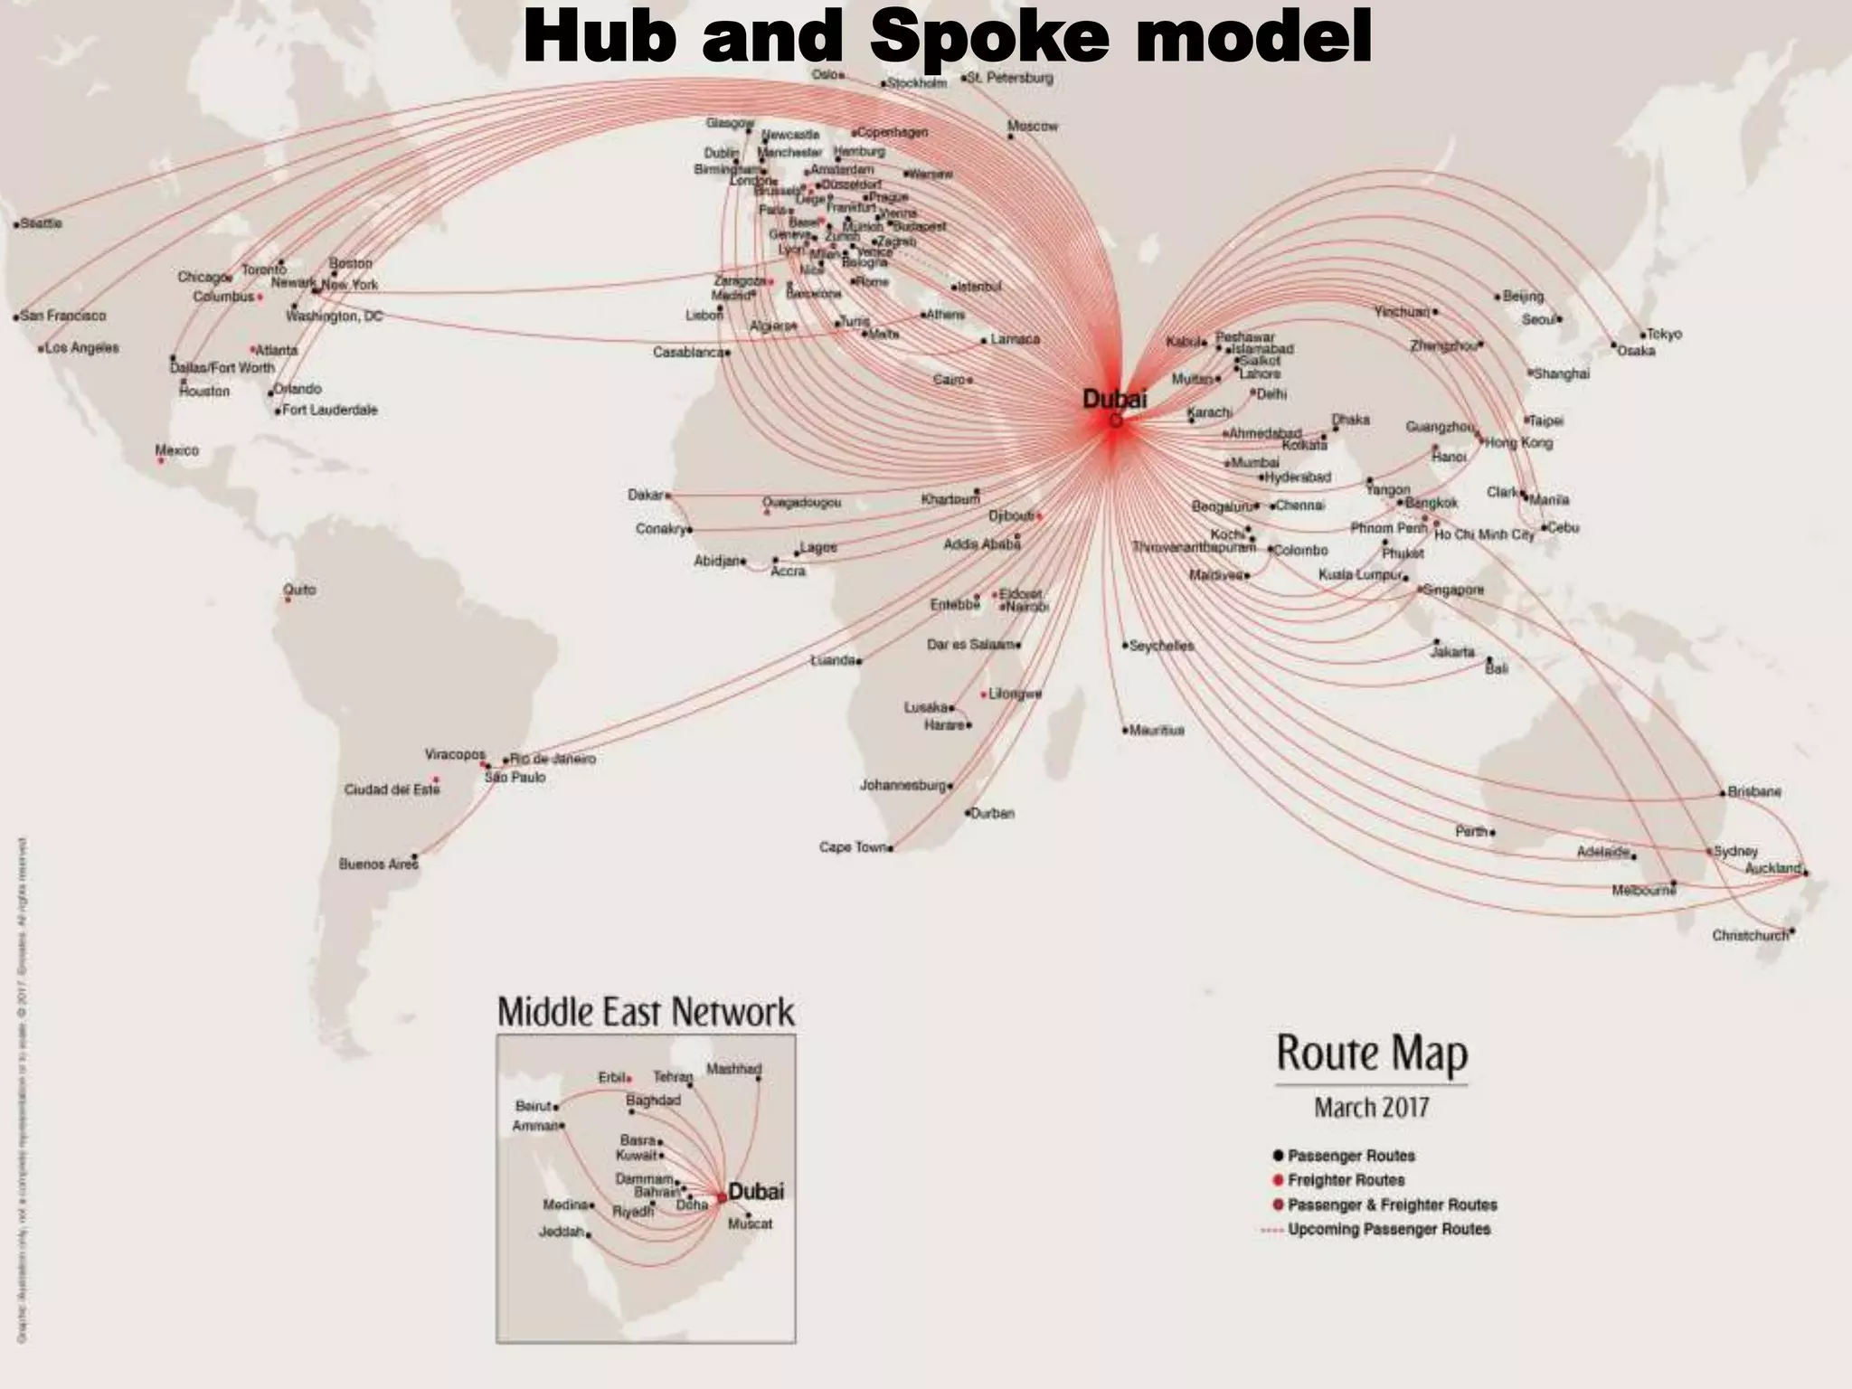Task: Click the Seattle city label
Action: [x=43, y=222]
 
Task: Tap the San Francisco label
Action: [x=63, y=316]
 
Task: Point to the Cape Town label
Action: [x=853, y=847]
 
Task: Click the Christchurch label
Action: [x=1750, y=935]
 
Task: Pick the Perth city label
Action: [x=1471, y=831]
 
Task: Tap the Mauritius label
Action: [x=1157, y=730]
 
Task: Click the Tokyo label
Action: [x=1665, y=334]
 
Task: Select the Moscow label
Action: [x=1032, y=127]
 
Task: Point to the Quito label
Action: [x=299, y=590]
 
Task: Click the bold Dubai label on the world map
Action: [x=1114, y=399]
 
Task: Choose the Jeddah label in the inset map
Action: [x=562, y=1232]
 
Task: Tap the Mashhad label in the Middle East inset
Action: [x=733, y=1069]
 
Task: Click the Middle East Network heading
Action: [x=646, y=1012]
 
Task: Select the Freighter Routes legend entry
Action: [x=1346, y=1180]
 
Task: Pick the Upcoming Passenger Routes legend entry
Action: [x=1388, y=1229]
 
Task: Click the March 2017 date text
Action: [x=1371, y=1108]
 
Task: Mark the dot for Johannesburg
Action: [x=950, y=786]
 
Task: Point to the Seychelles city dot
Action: [x=1126, y=646]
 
